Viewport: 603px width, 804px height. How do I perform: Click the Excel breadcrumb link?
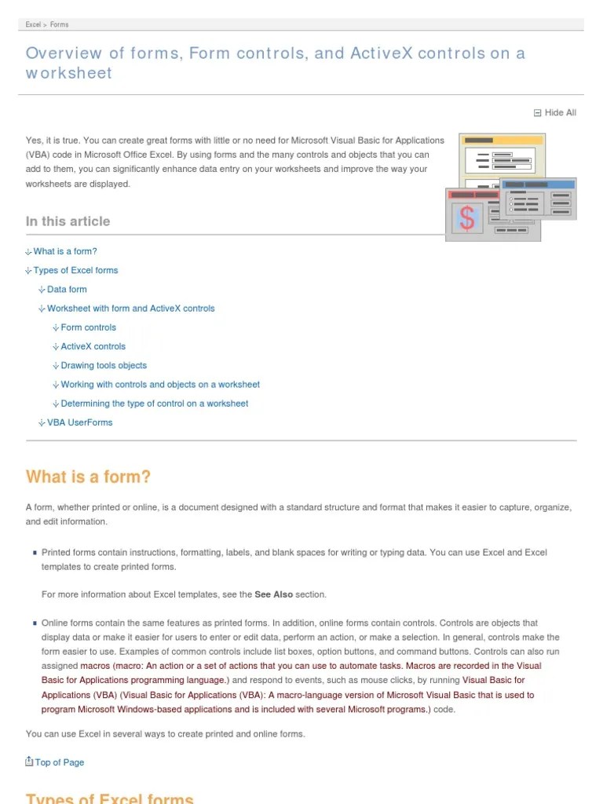click(x=33, y=24)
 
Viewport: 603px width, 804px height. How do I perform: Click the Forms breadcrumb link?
click(x=60, y=24)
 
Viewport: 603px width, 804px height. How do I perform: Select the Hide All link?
click(x=560, y=113)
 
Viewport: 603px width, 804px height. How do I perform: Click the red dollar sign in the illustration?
click(x=467, y=218)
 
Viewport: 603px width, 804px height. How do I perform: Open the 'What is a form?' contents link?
click(x=65, y=251)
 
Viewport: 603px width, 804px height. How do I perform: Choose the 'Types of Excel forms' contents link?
click(x=75, y=270)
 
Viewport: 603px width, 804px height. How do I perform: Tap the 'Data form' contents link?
click(x=67, y=289)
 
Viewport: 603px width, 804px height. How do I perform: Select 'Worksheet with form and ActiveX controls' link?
click(x=130, y=309)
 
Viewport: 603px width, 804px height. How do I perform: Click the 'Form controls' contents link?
click(x=88, y=327)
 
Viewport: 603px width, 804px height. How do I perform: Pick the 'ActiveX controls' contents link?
click(x=93, y=346)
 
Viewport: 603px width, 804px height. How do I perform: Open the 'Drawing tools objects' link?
click(x=104, y=365)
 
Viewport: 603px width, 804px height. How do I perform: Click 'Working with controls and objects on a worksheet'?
click(x=160, y=385)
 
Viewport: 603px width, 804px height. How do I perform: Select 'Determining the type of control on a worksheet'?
click(x=154, y=404)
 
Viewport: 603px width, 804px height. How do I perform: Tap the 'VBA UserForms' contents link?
click(x=79, y=422)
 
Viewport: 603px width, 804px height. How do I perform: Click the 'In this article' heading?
click(x=68, y=221)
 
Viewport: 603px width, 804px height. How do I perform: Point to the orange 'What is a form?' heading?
click(x=88, y=477)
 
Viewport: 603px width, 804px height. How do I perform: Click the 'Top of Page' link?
click(x=59, y=762)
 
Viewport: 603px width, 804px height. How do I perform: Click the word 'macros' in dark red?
click(x=95, y=666)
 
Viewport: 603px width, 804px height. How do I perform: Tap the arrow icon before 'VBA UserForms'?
click(x=42, y=422)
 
